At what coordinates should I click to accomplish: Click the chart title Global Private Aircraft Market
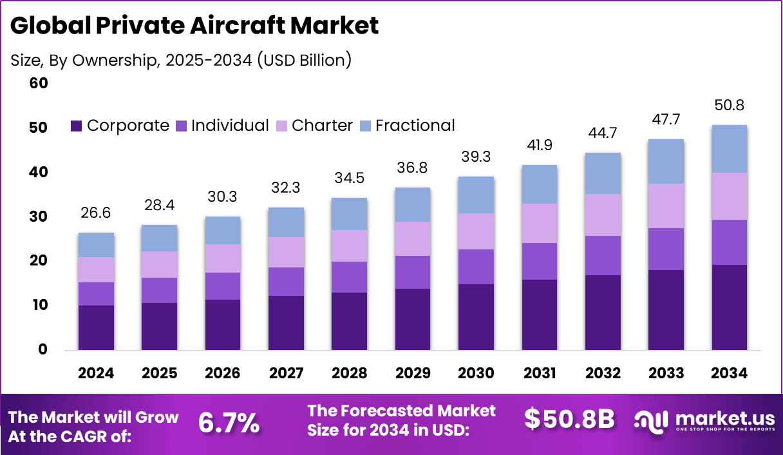(194, 26)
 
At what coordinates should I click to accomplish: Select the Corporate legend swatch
(77, 126)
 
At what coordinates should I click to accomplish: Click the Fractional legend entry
(407, 126)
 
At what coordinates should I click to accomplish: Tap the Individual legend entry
(222, 126)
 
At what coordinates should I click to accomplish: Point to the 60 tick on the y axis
(39, 84)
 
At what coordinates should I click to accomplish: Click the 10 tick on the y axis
(39, 305)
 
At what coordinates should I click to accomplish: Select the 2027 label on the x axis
(286, 374)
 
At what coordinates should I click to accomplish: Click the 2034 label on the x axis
(730, 374)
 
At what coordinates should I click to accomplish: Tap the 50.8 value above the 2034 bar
(730, 106)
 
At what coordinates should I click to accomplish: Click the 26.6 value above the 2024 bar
(96, 213)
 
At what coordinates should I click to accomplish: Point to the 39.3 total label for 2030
(476, 157)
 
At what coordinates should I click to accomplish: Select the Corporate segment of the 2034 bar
(730, 307)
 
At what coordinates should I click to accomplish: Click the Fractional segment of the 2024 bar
(96, 245)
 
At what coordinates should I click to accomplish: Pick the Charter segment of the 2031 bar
(539, 223)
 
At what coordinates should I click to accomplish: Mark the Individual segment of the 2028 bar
(349, 277)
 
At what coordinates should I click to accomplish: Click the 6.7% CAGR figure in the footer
(229, 423)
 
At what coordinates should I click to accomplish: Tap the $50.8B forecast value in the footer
(569, 419)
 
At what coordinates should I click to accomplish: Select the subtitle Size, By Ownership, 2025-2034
(181, 60)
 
